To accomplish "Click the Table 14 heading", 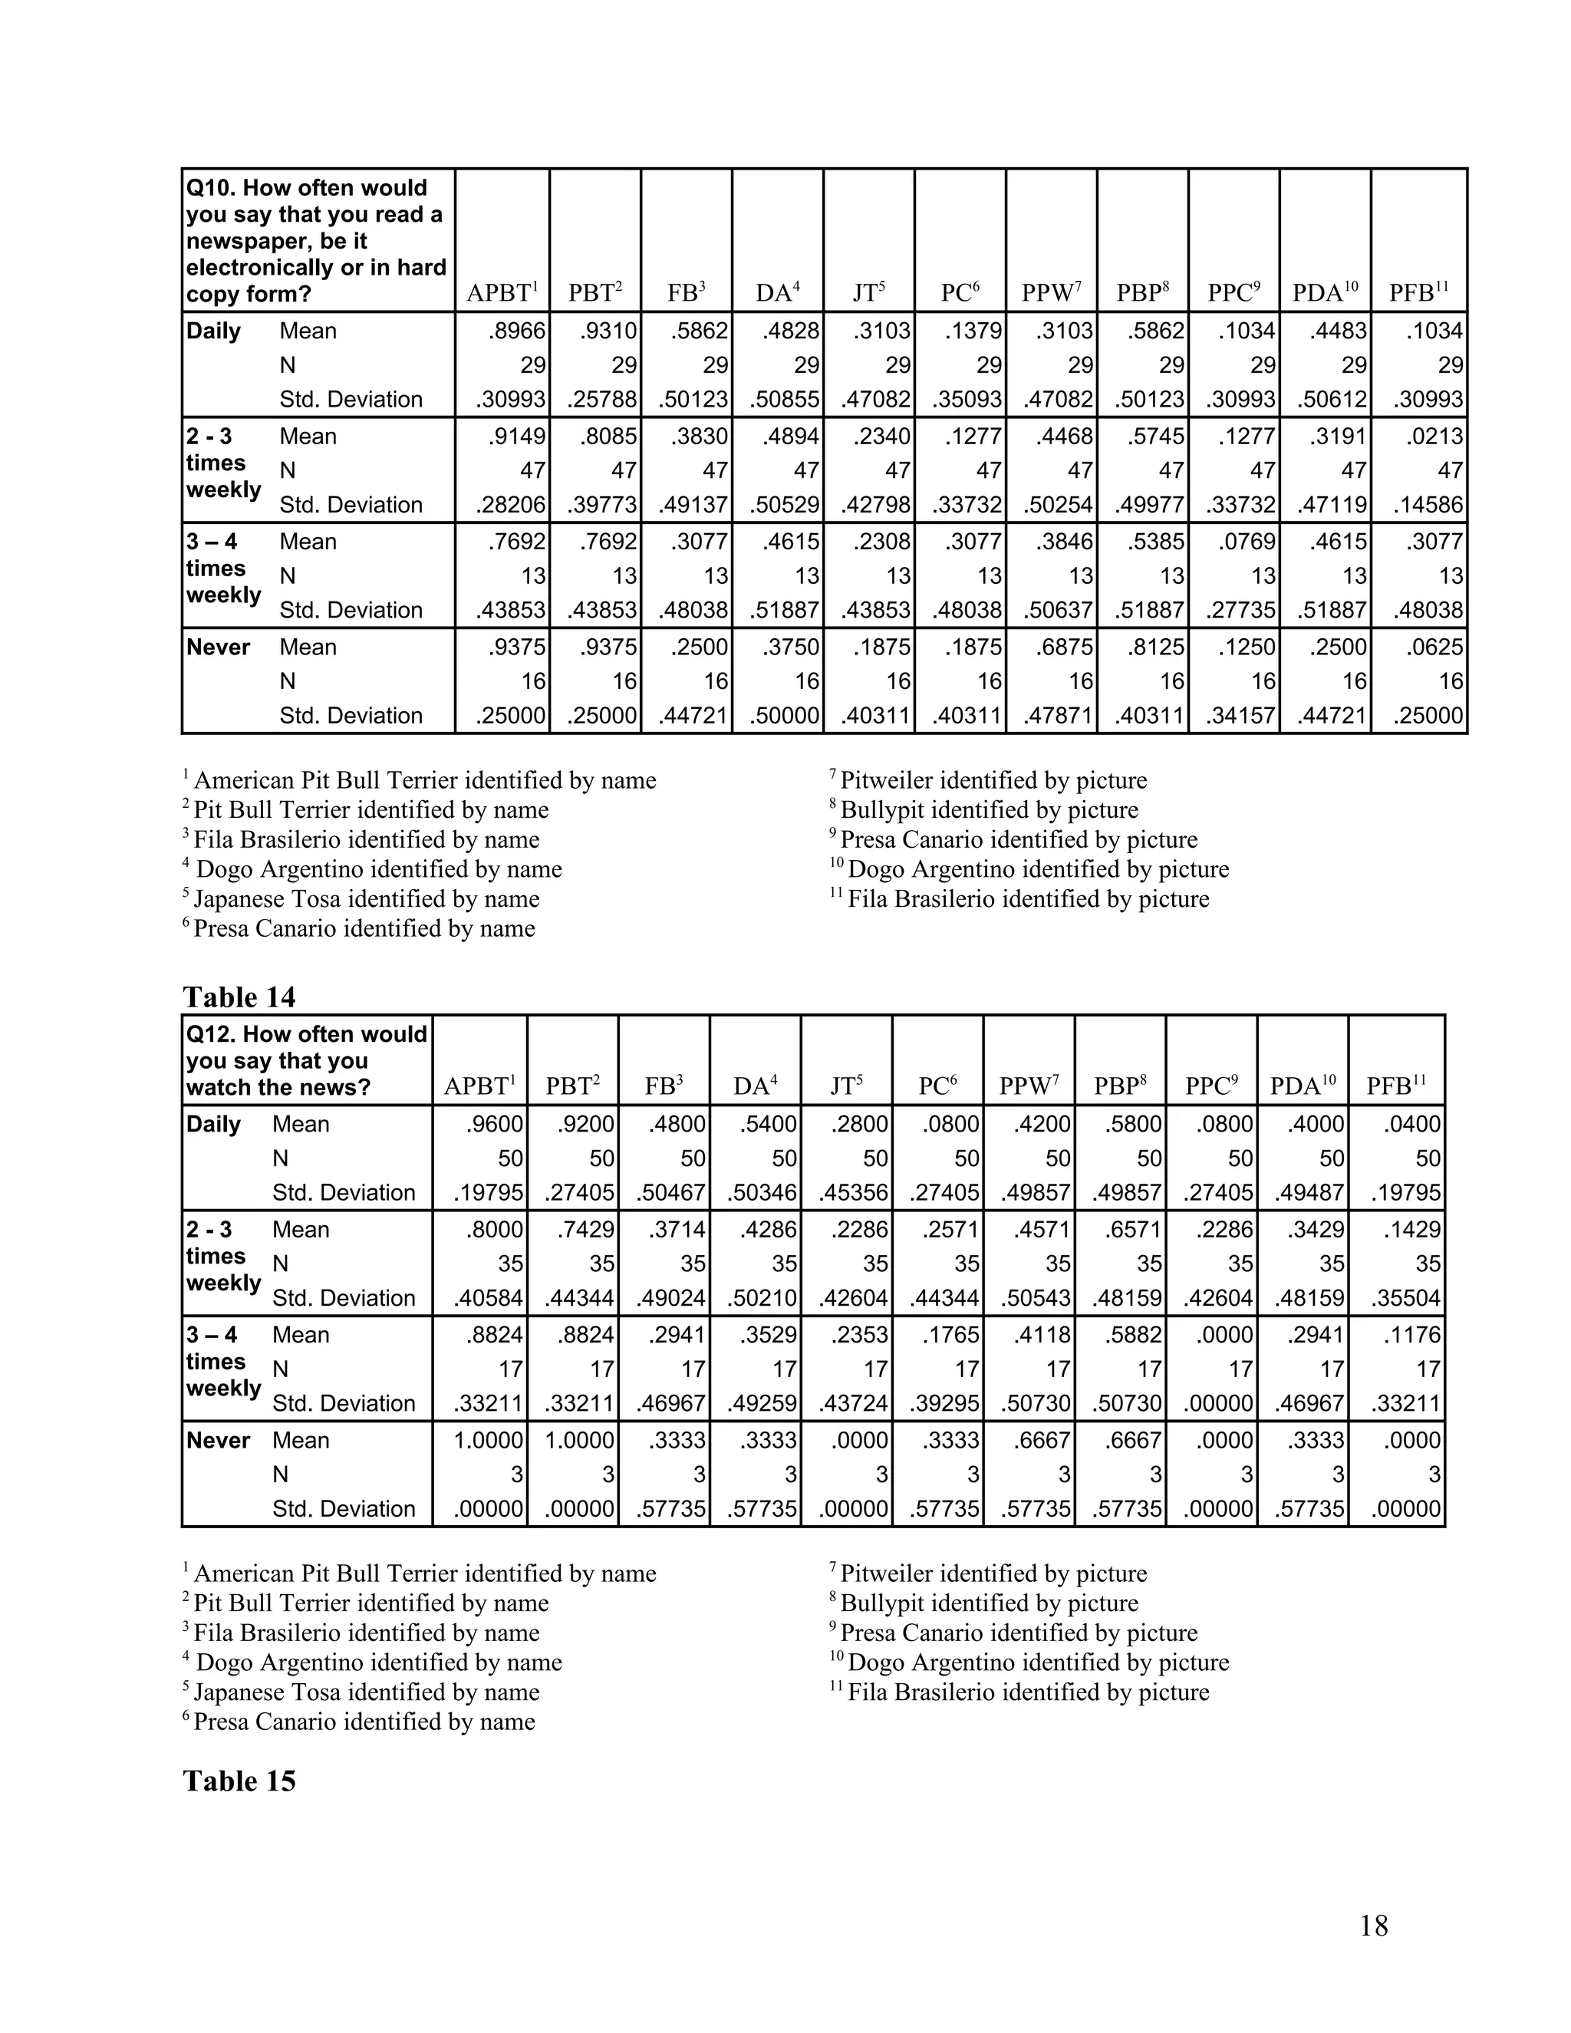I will [x=239, y=997].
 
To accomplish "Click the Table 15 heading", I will [x=239, y=1781].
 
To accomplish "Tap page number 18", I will [x=1374, y=1926].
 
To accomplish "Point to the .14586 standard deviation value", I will [x=1428, y=506].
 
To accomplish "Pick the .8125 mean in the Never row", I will [x=1156, y=647].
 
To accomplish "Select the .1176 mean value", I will [x=1413, y=1334].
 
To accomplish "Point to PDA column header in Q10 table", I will [x=1324, y=293].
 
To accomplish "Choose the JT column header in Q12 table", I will [x=846, y=1086].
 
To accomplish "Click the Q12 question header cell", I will [x=306, y=1060].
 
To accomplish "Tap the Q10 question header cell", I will [x=317, y=240].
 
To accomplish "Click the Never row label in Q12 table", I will [x=218, y=1440].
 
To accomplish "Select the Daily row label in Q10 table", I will [x=213, y=331].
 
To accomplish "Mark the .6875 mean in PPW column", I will [x=1065, y=647].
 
